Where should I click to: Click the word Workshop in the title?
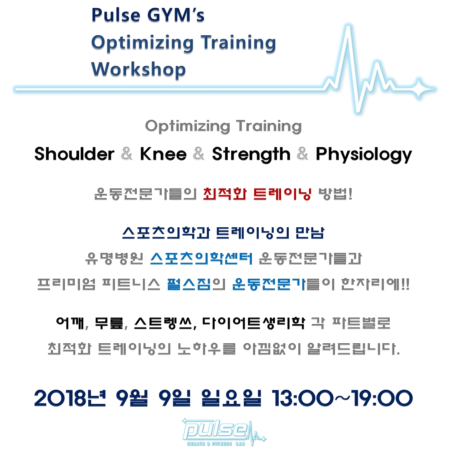point(138,70)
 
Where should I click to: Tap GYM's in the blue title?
point(176,15)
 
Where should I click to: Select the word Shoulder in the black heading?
point(74,154)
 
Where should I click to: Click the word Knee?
point(163,154)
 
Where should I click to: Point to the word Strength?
point(251,154)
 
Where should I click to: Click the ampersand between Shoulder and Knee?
point(127,154)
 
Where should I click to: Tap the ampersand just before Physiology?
point(303,154)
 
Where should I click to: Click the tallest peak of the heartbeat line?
point(348,27)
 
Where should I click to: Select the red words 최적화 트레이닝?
point(257,194)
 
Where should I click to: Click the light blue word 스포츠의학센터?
point(202,258)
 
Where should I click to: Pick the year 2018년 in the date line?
point(70,398)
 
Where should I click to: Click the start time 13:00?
point(303,398)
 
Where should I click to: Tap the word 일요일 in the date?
point(231,398)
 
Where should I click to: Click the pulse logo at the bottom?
point(224,432)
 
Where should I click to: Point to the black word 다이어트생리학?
point(253,323)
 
